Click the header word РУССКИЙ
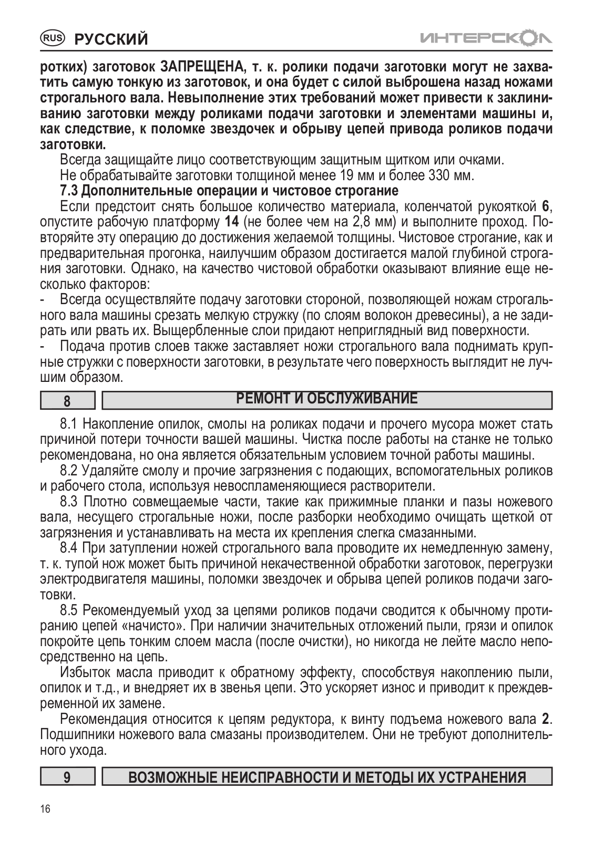coord(111,39)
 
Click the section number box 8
coord(67,401)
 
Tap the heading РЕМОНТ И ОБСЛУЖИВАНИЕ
coord(327,399)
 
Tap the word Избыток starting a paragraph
coord(85,672)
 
